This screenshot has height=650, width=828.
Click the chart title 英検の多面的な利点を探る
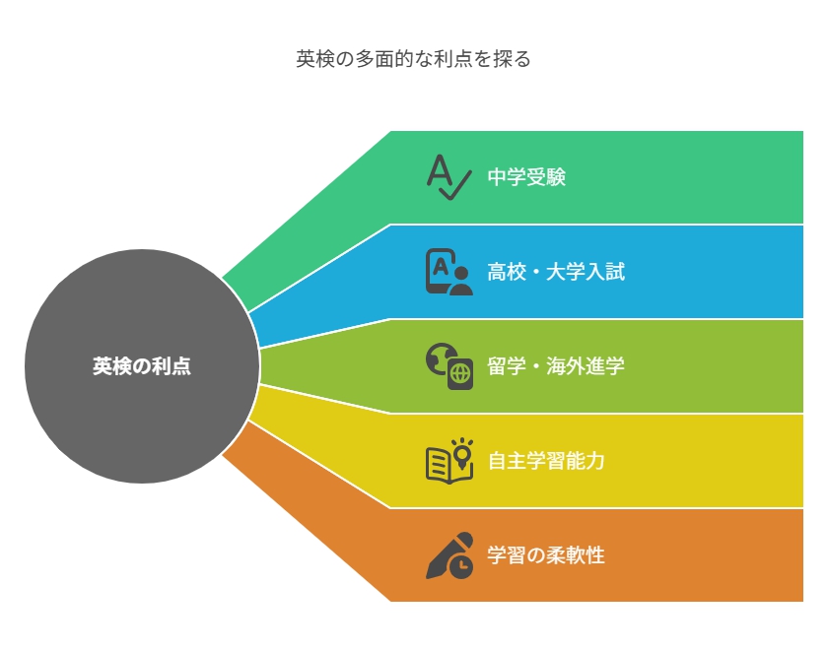point(413,58)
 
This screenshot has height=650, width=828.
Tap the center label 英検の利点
point(142,366)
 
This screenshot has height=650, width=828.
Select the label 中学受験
point(526,177)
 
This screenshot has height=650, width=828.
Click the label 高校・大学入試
point(556,272)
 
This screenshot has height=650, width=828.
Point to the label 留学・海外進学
point(556,366)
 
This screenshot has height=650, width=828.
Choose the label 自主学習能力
point(546,461)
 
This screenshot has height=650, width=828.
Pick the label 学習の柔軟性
point(546,555)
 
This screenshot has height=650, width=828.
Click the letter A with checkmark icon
point(448,177)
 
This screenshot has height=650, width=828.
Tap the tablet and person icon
point(448,272)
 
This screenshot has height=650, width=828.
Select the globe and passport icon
point(448,366)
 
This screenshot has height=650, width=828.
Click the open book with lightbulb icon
point(448,461)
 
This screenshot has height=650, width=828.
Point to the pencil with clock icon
point(448,555)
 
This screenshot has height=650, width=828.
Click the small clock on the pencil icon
point(461,566)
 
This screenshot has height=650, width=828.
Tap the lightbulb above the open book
point(462,453)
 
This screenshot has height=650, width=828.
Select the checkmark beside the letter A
point(455,186)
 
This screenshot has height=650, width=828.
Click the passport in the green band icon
point(460,374)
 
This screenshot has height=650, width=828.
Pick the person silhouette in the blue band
point(461,281)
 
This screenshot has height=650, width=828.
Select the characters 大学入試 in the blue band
point(586,272)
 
